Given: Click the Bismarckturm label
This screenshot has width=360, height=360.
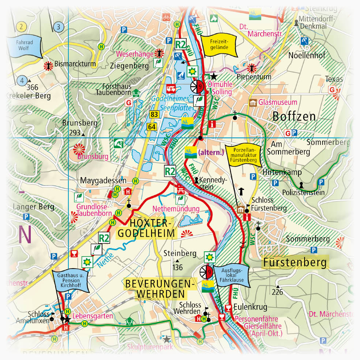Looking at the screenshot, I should [x=75, y=64].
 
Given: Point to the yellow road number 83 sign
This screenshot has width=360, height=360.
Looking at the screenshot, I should [x=154, y=115].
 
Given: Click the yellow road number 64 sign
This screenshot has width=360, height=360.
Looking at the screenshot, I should [x=152, y=127].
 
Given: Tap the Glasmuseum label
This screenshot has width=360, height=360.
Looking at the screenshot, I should [x=278, y=102].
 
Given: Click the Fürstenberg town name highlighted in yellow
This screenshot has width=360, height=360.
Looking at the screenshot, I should [x=295, y=262].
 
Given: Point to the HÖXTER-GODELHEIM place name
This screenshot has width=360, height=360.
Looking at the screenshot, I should [x=145, y=228].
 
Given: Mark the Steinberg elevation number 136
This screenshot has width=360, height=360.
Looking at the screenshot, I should [x=177, y=268].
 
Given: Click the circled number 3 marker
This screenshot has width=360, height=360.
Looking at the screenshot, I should [x=58, y=27].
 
